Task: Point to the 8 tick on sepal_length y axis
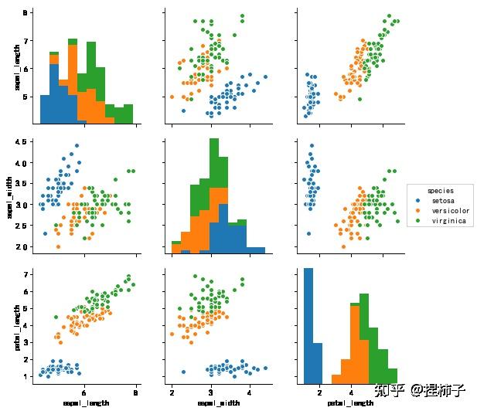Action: pyautogui.click(x=26, y=13)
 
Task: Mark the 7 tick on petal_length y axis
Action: pyautogui.click(x=26, y=274)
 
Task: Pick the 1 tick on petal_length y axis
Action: pyautogui.click(x=26, y=375)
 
